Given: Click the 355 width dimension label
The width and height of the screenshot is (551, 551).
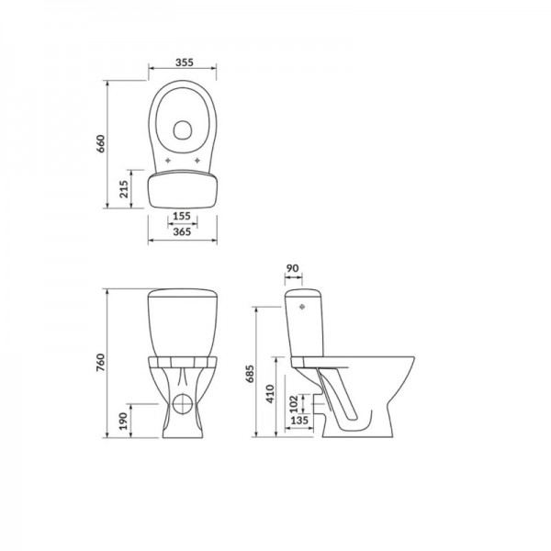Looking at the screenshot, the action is tap(185, 62).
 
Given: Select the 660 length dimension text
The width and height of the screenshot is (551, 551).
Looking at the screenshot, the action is tap(100, 143).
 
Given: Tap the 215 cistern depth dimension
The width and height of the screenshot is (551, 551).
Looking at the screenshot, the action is tap(124, 189).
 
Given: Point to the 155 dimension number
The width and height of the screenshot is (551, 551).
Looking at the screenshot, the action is tap(182, 216).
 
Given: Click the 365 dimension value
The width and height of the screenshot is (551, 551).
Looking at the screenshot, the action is tap(182, 231).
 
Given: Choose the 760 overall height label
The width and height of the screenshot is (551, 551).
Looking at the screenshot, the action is tap(100, 363).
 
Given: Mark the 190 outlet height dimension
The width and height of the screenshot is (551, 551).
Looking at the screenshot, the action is tap(123, 421).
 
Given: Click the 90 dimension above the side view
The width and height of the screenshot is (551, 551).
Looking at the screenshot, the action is tap(292, 268).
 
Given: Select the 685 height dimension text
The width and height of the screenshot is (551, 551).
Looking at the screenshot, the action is tap(250, 374).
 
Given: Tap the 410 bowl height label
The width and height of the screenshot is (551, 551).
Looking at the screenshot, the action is tap(270, 394).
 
